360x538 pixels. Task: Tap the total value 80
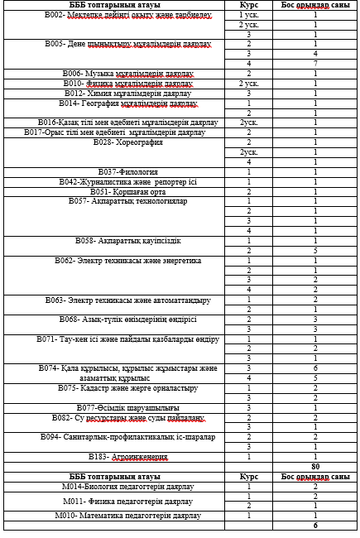coord(315,467)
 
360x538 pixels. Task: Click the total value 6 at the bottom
coord(315,526)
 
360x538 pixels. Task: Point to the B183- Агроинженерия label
coord(114,457)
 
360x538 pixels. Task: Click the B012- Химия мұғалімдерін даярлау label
coord(114,94)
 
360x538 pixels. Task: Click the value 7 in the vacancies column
coord(315,64)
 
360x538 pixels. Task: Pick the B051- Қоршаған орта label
coord(114,191)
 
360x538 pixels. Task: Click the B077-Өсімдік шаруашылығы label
coord(114,407)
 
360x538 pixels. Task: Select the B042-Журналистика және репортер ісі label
coord(114,181)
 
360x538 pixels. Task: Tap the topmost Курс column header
coord(248,5)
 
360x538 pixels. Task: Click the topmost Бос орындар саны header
coord(315,5)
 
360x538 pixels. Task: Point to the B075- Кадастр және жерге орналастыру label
coord(114,387)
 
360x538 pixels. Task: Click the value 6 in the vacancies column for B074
coord(315,367)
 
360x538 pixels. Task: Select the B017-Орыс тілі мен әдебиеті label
coord(114,132)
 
